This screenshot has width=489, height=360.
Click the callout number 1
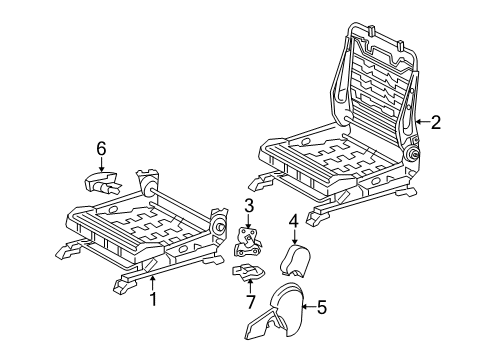153,299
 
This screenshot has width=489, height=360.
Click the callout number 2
435,122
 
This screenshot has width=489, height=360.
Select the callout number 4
294,221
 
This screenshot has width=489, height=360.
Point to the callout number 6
101,148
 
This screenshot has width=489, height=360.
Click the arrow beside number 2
420,122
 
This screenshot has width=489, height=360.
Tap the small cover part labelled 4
293,261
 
